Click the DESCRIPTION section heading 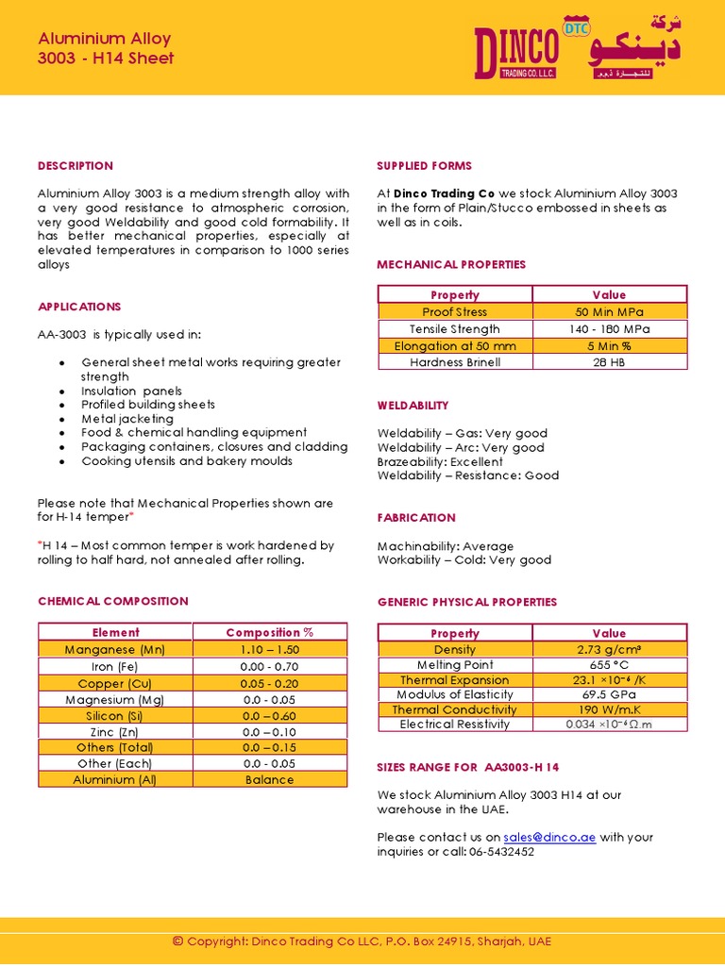[76, 166]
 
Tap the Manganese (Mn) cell [115, 650]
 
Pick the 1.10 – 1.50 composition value [270, 650]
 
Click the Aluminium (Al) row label [115, 779]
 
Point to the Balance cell [270, 779]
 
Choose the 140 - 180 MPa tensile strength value [610, 329]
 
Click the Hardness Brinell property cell [455, 362]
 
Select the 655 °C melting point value [610, 665]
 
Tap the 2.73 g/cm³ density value [610, 650]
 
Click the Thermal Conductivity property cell [455, 709]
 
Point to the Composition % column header [270, 632]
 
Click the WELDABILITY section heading [413, 406]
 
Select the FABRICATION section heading [416, 518]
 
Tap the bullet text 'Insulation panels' [132, 391]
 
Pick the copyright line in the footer [362, 941]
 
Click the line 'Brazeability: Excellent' [440, 462]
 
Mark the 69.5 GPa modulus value [610, 694]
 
